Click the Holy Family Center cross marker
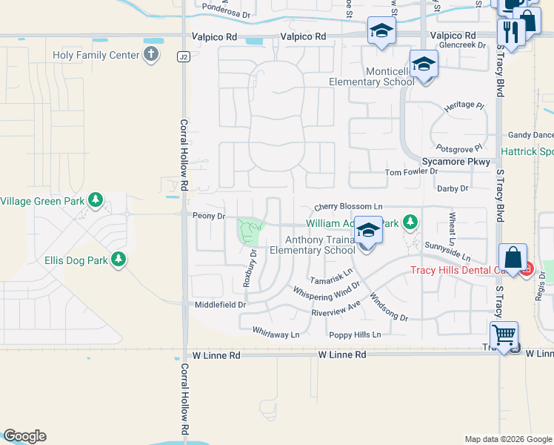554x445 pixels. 151,54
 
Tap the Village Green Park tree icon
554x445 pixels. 96,200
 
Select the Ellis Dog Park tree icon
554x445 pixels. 119,259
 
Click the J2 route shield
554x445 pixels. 182,56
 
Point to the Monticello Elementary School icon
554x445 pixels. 424,64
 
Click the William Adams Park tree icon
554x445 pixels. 410,222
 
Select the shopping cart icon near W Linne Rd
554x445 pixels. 504,334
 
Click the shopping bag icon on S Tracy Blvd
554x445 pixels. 513,258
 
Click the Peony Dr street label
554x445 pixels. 209,216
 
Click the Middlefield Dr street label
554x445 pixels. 220,305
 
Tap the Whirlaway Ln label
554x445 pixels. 276,334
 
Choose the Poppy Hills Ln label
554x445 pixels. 355,335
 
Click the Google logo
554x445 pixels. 24,436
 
